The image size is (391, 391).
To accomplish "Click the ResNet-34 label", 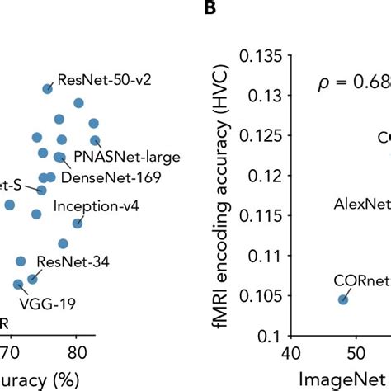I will tap(84, 262).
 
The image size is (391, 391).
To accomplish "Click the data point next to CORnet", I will tap(343, 299).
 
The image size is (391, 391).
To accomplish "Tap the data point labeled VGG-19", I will tap(19, 285).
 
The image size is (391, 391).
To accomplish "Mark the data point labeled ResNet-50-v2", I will tap(48, 89).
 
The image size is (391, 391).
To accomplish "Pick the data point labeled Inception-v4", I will tap(78, 223).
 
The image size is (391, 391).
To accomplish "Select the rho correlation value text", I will tap(355, 83).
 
